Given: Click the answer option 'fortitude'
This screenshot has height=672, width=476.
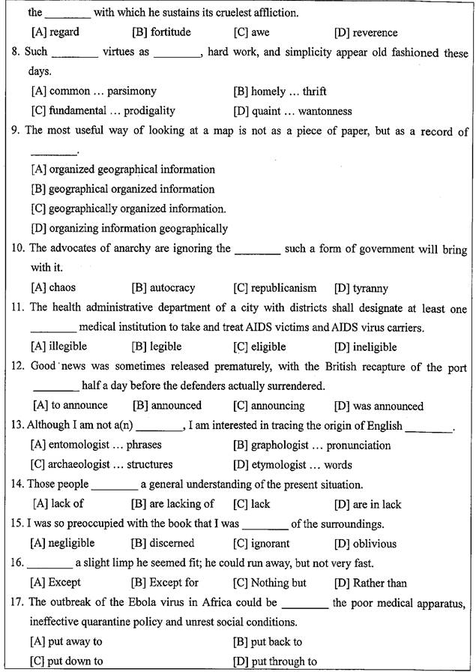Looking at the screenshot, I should point(170,32).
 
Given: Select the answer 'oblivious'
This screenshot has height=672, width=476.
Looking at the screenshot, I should point(376,543).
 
